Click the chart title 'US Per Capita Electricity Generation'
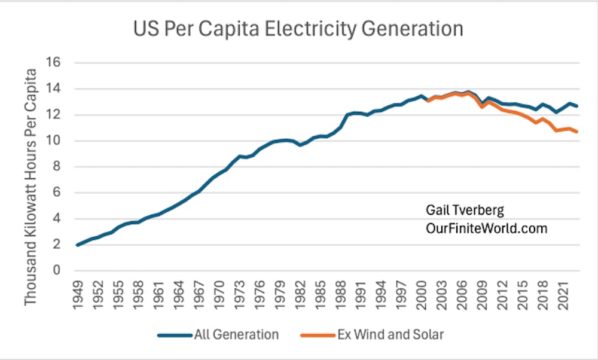[x=299, y=28]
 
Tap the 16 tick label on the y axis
[x=56, y=63]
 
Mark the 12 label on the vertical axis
[x=56, y=115]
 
